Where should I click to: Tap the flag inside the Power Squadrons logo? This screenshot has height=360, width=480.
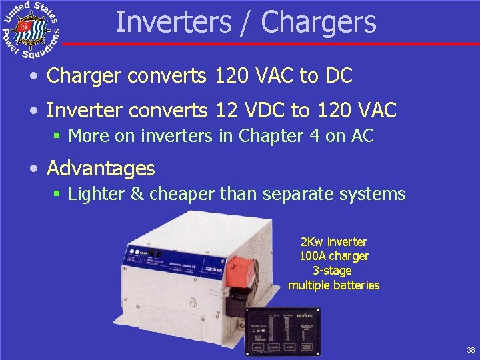click(25, 27)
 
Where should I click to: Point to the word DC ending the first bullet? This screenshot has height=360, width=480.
click(338, 76)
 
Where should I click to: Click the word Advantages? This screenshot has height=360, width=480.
click(101, 168)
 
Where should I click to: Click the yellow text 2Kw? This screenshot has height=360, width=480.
click(311, 242)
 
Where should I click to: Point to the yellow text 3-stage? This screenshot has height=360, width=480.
click(331, 271)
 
